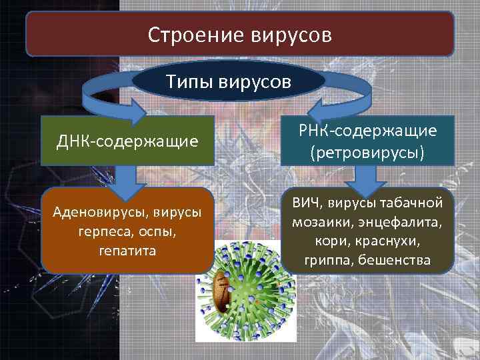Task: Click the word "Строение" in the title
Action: coord(189,35)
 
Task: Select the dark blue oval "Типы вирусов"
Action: coord(229,83)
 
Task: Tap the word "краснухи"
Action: coord(390,240)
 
